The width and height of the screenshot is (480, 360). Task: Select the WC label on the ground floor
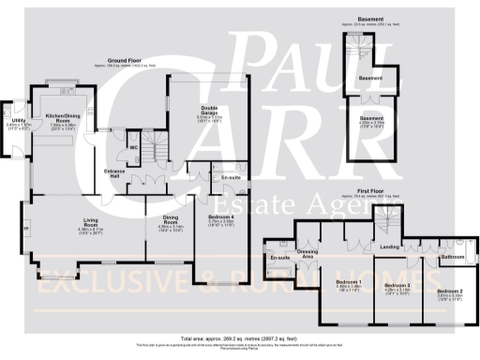point(134,147)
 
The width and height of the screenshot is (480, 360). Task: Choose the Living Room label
point(91,224)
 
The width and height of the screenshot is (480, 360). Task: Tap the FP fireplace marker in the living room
point(25,227)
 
